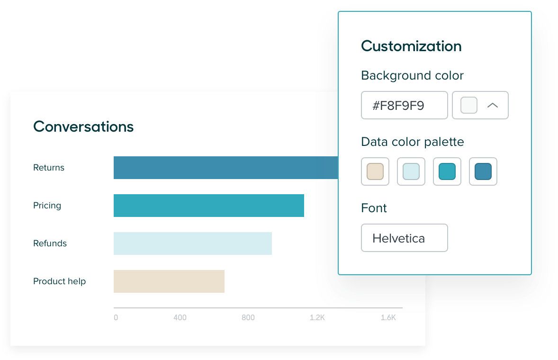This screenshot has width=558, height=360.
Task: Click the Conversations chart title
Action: pos(83,126)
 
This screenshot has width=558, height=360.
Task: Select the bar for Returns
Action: pos(225,168)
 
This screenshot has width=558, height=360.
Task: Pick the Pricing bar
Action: pos(209,206)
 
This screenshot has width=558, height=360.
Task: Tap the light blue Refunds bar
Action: pos(192,243)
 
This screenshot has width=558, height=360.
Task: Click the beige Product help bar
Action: pos(169,281)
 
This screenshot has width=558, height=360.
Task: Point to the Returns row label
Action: pos(49,168)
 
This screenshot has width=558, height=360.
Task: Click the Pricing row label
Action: pos(47,206)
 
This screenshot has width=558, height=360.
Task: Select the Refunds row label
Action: pos(50,243)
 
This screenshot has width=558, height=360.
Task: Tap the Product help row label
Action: pos(59,281)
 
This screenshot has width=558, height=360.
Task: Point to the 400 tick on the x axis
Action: pos(180,318)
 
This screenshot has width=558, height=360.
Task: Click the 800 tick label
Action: pos(248,318)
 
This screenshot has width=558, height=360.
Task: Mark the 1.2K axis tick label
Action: pos(317,318)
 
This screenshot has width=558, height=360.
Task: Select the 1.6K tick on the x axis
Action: pos(388,318)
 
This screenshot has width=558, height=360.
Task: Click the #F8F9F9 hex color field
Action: pos(404,105)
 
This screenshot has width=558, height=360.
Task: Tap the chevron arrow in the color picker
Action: pos(493,105)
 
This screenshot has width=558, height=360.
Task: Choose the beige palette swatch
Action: pos(375,171)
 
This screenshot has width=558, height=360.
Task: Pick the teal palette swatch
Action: pos(447,171)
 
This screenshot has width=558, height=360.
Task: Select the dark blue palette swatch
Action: pos(483,171)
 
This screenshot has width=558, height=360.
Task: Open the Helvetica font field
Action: pos(404,238)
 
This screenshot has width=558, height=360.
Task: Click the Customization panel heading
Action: pos(411,46)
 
